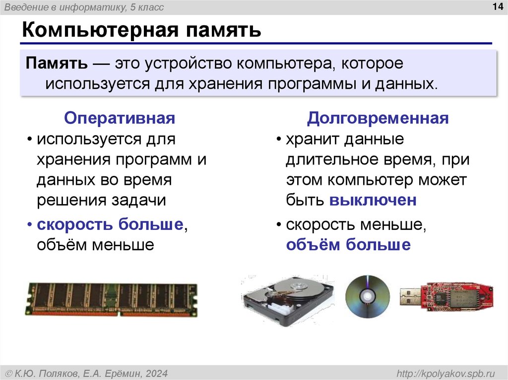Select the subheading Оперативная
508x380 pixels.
coord(120,118)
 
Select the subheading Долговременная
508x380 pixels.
coord(378,118)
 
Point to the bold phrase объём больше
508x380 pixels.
coord(348,244)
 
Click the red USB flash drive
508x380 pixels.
coord(454,296)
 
